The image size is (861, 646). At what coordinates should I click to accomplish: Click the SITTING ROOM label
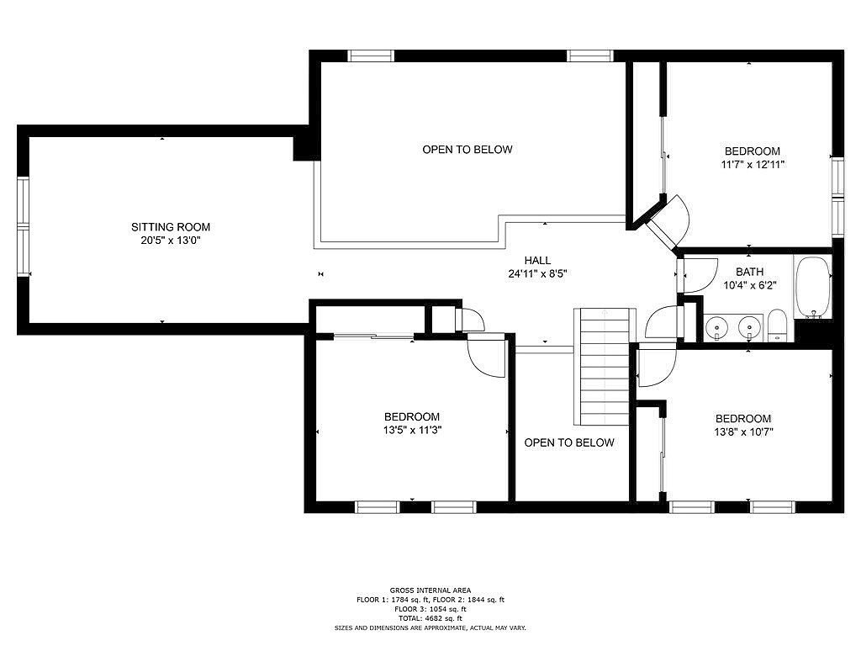coord(170,227)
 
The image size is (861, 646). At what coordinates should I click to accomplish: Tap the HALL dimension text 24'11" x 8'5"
coord(537,273)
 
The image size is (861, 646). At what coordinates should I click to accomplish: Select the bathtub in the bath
coord(812,288)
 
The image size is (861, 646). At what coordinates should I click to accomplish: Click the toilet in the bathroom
coord(776,326)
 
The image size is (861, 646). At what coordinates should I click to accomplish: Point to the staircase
coord(605,367)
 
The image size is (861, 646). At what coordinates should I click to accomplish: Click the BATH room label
coord(749,272)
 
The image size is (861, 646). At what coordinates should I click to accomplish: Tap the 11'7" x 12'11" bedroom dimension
coord(753,164)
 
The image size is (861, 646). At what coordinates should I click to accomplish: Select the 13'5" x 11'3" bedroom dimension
coord(412,430)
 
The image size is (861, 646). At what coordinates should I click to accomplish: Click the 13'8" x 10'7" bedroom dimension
coord(743,432)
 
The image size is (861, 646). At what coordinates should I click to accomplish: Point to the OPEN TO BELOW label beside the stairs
coord(569,442)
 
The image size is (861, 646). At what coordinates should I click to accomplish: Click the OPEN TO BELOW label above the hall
coord(467,150)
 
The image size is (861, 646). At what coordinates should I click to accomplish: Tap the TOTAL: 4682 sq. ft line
coord(430,618)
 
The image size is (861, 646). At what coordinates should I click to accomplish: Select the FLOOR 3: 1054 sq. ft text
coord(430,609)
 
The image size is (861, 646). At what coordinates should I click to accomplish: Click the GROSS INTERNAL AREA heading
coord(430,590)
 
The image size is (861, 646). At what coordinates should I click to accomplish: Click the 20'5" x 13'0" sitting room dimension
coord(170,241)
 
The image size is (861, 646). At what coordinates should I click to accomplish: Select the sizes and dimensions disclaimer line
coord(430,627)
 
